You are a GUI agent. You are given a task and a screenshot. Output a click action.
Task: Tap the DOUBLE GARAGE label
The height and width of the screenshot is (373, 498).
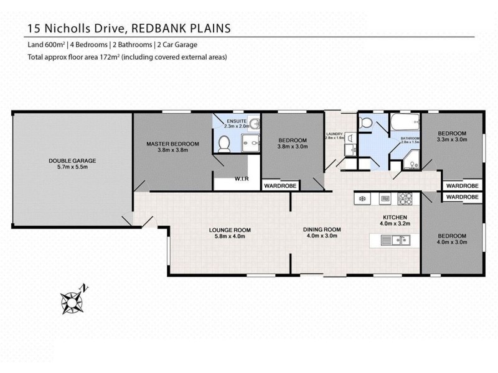tap(72, 164)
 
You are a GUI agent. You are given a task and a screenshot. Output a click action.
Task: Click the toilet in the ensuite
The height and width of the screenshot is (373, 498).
tap(224, 143)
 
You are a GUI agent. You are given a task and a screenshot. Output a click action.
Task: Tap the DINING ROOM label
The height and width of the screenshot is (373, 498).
tap(321, 233)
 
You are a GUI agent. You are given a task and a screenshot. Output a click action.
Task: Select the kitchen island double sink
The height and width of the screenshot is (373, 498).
tap(398, 239)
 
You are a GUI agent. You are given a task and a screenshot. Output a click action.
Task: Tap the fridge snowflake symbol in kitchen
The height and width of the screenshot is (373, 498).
tap(361, 199)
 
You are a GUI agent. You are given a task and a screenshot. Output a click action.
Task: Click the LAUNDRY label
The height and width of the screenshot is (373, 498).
tap(335, 134)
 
